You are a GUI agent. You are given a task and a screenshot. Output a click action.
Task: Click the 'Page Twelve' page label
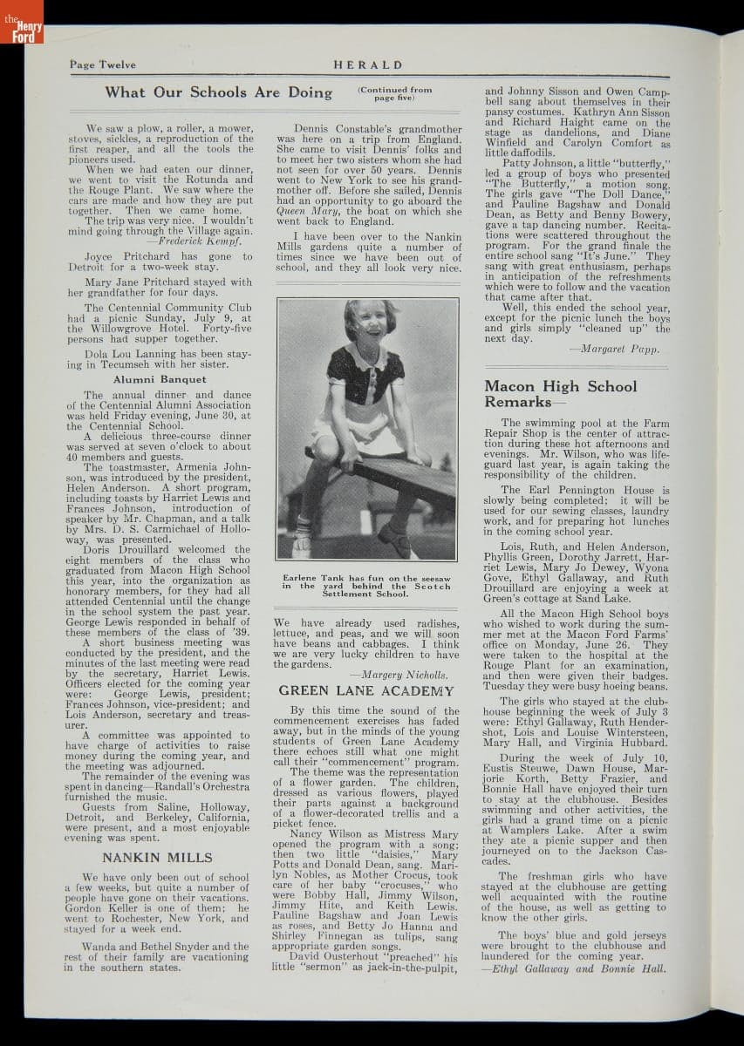(99, 65)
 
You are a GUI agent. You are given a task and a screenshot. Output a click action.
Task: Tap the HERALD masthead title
(367, 65)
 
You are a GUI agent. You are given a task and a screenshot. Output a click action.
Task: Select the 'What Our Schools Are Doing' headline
(219, 92)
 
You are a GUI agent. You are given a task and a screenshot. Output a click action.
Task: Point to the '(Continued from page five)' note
(394, 93)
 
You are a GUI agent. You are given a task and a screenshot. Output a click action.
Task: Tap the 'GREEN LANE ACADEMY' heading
(366, 690)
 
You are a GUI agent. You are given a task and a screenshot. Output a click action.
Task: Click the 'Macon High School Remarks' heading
(561, 394)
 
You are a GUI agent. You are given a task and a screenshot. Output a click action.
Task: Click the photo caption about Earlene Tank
(366, 586)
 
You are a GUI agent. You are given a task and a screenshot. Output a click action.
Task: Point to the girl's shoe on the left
(303, 547)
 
